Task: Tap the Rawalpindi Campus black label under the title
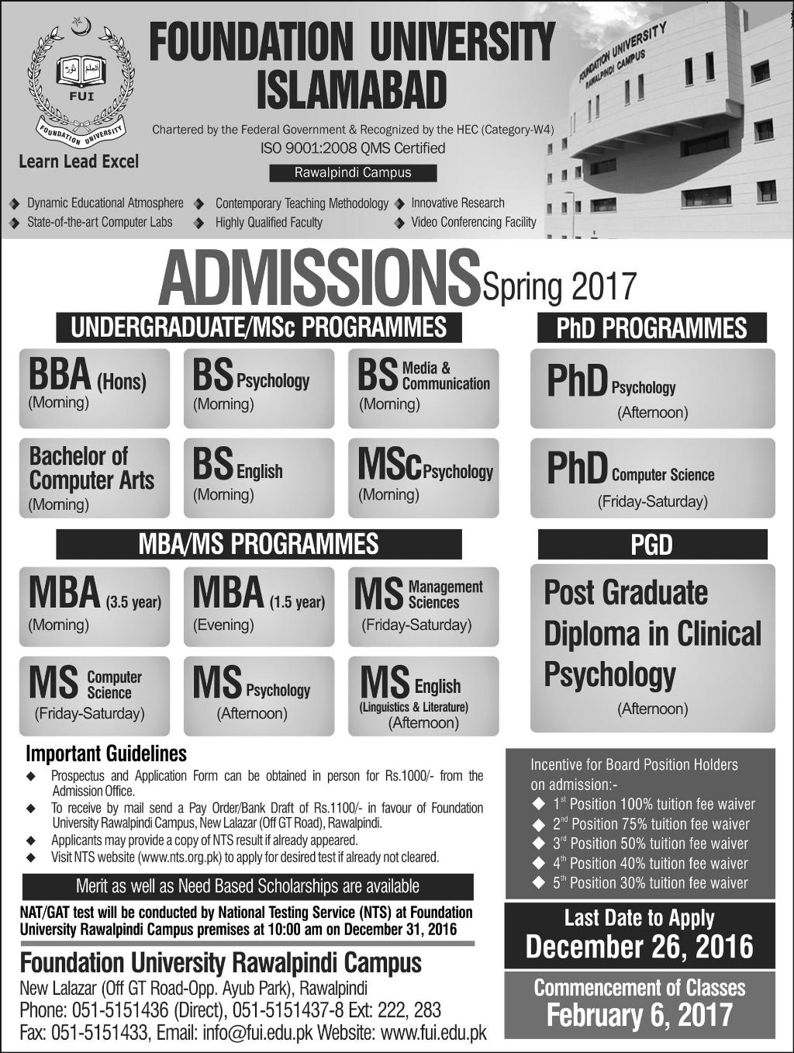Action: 353,172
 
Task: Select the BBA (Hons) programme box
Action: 94,388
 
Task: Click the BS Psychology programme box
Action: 258,388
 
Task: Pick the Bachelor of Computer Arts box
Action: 94,477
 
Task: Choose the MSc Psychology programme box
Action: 423,477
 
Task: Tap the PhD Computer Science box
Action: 652,477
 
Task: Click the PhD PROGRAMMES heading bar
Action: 652,327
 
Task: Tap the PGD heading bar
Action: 652,545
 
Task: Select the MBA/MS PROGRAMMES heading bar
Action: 258,544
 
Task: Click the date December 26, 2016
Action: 640,947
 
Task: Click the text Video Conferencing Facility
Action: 473,222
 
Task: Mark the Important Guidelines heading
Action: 106,753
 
